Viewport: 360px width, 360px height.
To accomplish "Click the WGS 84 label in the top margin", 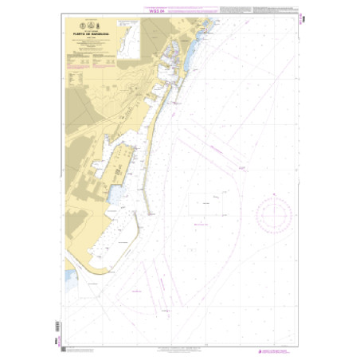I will click(x=180, y=10).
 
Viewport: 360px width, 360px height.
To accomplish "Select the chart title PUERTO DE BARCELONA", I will click(x=89, y=35).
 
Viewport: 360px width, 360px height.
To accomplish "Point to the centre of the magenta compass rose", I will click(x=273, y=214).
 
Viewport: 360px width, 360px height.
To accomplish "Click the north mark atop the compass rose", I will click(x=273, y=194).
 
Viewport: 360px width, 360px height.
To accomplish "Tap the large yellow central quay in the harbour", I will click(x=119, y=159).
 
